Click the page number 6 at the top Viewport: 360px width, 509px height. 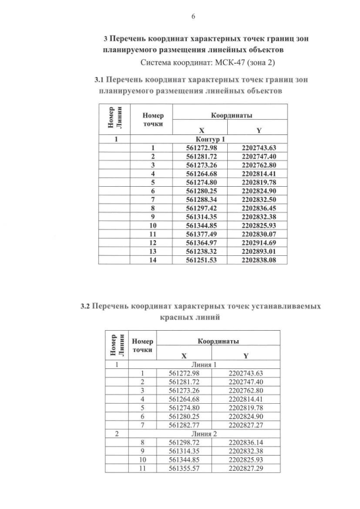coord(193,16)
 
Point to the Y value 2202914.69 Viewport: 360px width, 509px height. coord(259,242)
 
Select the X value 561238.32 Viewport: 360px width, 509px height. coord(201,251)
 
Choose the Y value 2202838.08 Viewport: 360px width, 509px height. coord(259,260)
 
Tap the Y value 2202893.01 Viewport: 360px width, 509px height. coord(259,251)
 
